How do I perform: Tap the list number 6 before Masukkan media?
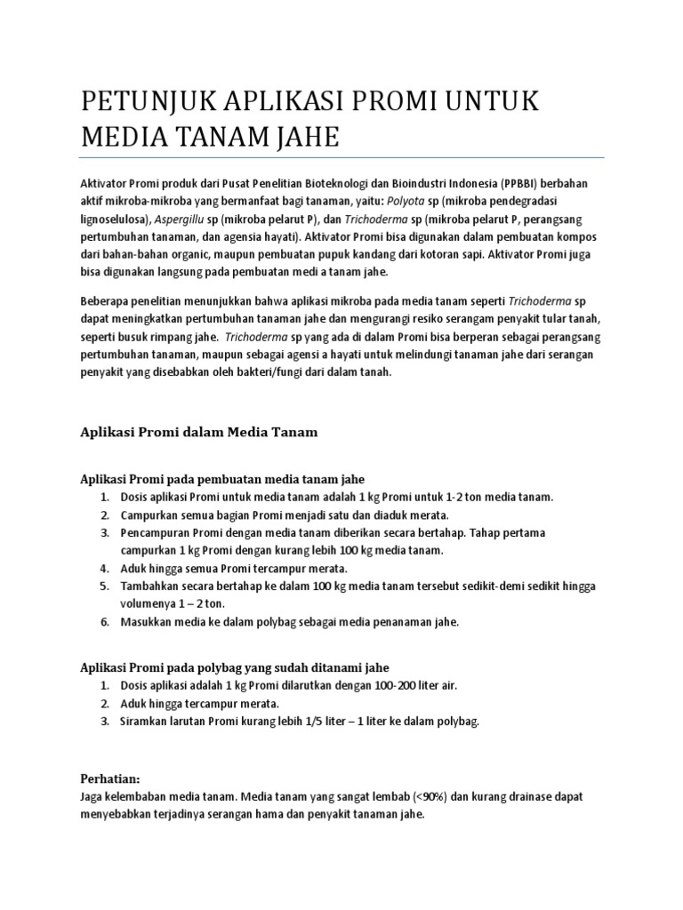(104, 622)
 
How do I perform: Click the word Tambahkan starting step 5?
(149, 587)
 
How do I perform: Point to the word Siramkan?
(144, 722)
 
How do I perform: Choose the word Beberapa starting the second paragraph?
(105, 300)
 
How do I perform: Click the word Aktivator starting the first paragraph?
(104, 183)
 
